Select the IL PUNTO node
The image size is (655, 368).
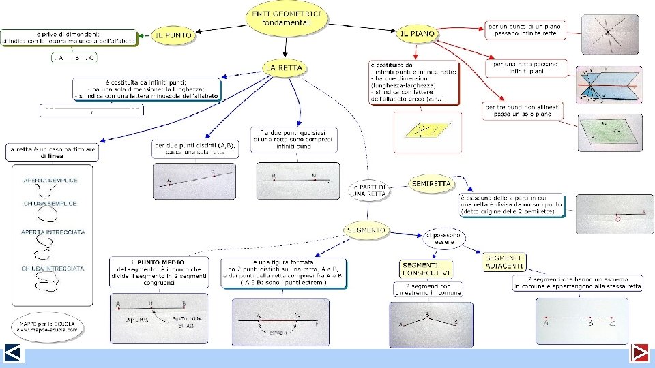pyautogui.click(x=171, y=36)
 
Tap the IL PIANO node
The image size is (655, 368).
pyautogui.click(x=418, y=33)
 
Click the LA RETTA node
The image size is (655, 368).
pyautogui.click(x=284, y=68)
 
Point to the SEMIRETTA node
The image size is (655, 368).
pyautogui.click(x=431, y=183)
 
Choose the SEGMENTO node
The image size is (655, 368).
pyautogui.click(x=366, y=230)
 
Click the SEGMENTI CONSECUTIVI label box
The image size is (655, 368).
pyautogui.click(x=425, y=269)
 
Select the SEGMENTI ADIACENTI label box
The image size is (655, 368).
pyautogui.click(x=505, y=262)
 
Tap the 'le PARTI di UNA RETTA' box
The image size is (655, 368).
pyautogui.click(x=368, y=190)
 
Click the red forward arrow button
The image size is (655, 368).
pyautogui.click(x=639, y=354)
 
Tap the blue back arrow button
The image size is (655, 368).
pyautogui.click(x=14, y=354)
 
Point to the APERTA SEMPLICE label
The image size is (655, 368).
pyautogui.click(x=51, y=181)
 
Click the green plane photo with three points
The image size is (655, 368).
pyautogui.click(x=610, y=132)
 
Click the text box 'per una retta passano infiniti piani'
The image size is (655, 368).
pyautogui.click(x=525, y=68)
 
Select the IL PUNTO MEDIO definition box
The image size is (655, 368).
pyautogui.click(x=159, y=273)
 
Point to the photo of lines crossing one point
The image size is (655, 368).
pyautogui.click(x=610, y=34)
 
